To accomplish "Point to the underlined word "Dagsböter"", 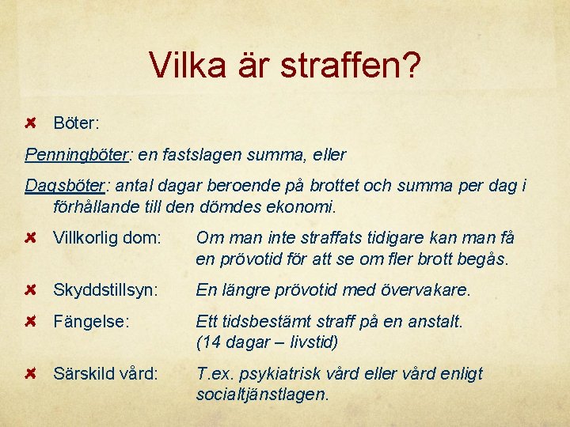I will click(65, 186).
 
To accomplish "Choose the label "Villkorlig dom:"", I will click(107, 237).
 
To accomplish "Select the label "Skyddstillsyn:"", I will click(106, 290).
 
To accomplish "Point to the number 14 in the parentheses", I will click(210, 342).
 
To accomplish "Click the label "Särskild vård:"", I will click(104, 373).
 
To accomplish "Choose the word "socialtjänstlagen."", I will click(261, 394).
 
